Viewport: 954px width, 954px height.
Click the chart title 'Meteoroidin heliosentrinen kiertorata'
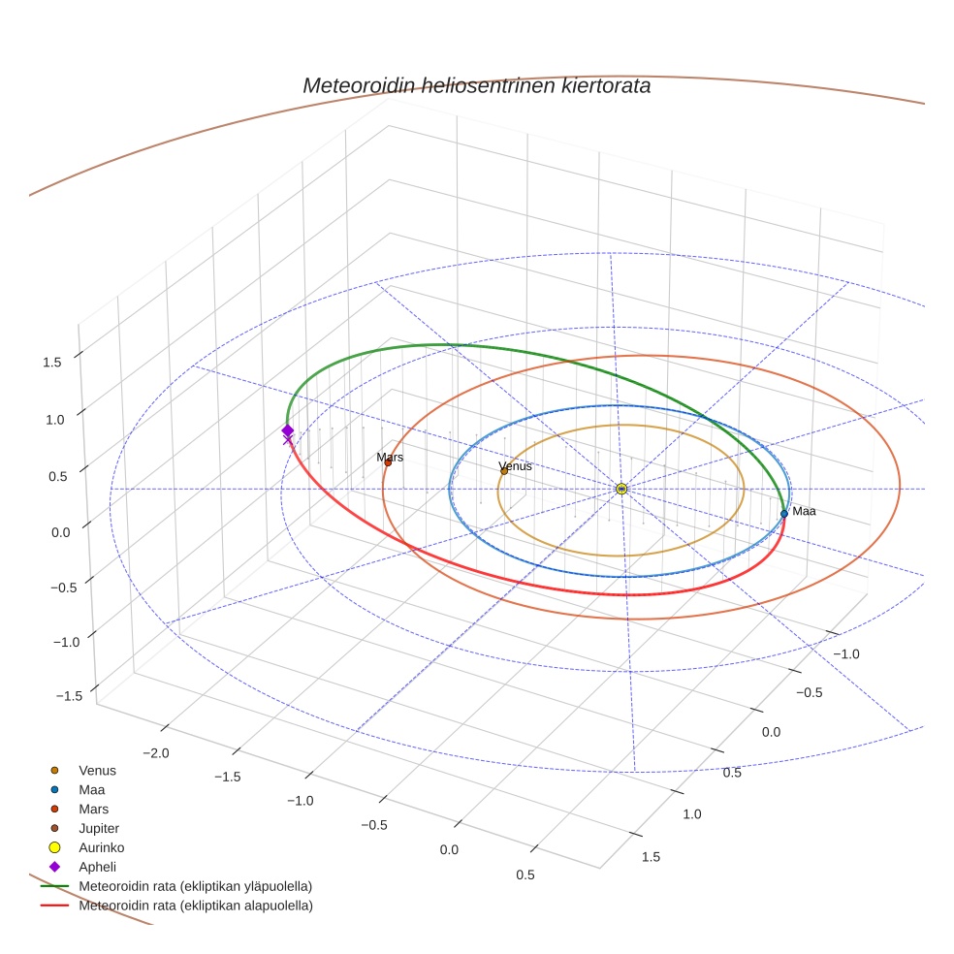[x=476, y=85]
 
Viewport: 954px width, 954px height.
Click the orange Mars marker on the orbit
[x=388, y=462]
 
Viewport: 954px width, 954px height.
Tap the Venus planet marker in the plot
[x=504, y=471]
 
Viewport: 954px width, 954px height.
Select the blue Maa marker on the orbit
[x=784, y=513]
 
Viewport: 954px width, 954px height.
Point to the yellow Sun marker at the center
[x=621, y=489]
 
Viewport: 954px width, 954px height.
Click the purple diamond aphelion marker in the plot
[x=287, y=430]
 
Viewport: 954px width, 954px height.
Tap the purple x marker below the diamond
[x=287, y=441]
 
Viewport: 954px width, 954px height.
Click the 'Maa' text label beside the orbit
[x=804, y=511]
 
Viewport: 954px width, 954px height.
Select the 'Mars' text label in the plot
[x=390, y=457]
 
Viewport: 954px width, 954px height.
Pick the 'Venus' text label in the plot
[x=515, y=466]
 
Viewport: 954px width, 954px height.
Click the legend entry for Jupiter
[x=99, y=828]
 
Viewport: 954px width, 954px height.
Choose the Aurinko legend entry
[x=101, y=847]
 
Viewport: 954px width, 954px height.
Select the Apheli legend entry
[x=97, y=867]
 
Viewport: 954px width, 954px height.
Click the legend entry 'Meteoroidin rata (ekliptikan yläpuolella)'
[x=195, y=886]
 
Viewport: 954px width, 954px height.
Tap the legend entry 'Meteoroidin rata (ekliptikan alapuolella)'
[x=195, y=906]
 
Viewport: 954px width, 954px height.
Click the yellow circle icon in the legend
[x=54, y=847]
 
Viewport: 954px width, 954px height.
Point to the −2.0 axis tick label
[x=156, y=753]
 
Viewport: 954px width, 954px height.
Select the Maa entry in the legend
[x=91, y=789]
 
